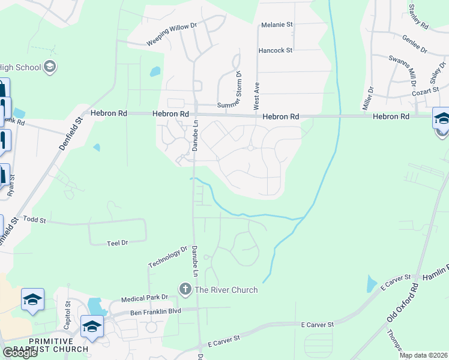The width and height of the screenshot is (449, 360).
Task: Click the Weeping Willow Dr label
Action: (x=172, y=35)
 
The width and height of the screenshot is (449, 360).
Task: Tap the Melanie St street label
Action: (x=276, y=25)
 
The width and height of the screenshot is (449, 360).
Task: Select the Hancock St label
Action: (x=275, y=50)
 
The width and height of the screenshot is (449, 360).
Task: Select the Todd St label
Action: (x=35, y=220)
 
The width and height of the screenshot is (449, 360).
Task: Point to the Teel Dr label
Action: (x=117, y=243)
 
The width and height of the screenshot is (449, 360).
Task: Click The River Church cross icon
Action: (x=185, y=290)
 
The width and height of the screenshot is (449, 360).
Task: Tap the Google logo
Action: (x=19, y=353)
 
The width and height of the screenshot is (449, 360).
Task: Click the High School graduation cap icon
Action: (x=50, y=66)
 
